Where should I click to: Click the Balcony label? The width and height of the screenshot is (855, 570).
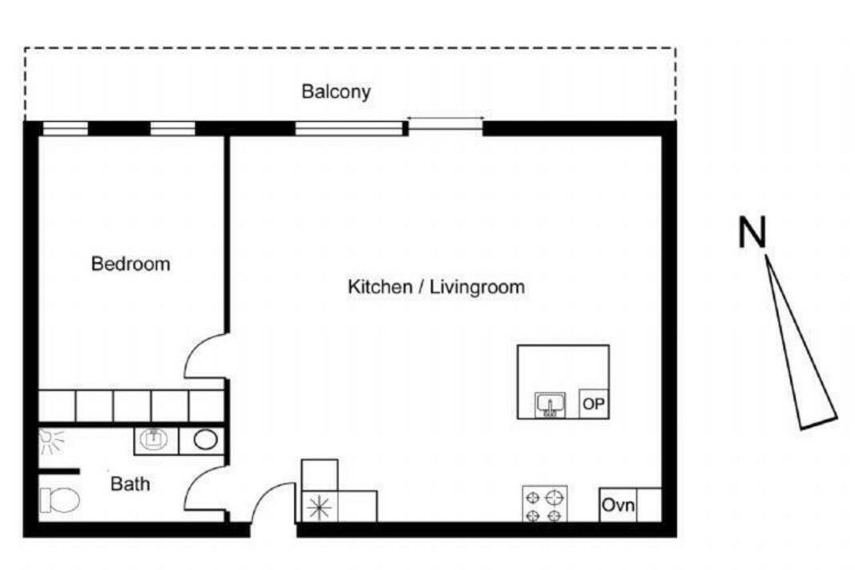[x=336, y=91]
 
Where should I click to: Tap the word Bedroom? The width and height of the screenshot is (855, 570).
[x=131, y=264]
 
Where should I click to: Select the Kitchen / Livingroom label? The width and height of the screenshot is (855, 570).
[x=436, y=287]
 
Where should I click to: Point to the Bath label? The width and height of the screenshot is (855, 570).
[x=130, y=483]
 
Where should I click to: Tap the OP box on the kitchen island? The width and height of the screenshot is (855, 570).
[x=594, y=403]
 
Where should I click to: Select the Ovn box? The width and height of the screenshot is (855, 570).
[x=618, y=505]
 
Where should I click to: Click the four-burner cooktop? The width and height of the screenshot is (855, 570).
[x=545, y=504]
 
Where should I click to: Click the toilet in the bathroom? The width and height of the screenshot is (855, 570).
[x=59, y=500]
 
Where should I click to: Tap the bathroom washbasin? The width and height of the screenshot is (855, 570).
[x=155, y=439]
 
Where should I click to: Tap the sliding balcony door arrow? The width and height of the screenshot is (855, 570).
[x=445, y=119]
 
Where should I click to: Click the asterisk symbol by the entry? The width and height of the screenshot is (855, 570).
[x=319, y=507]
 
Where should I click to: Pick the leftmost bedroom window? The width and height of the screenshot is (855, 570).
[x=66, y=128]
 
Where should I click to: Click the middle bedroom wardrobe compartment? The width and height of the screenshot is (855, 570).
[x=132, y=406]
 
